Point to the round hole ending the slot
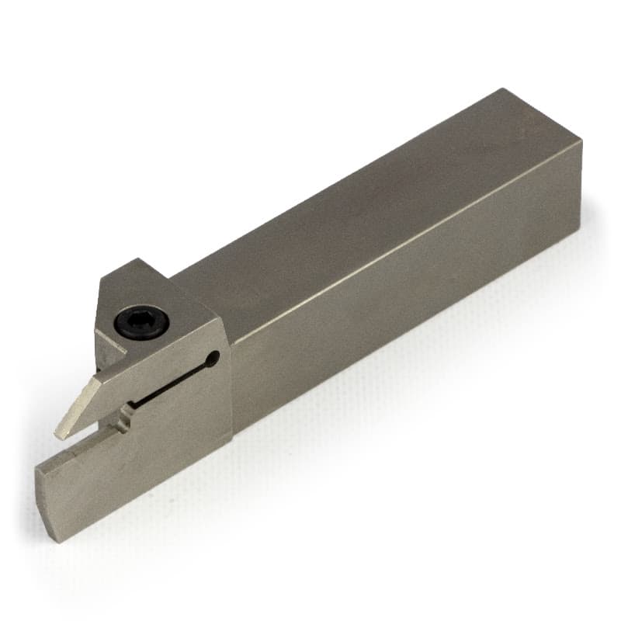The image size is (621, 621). coord(213,358)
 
